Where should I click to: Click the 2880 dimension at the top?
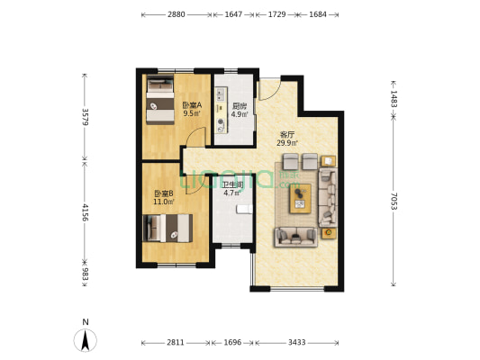176,14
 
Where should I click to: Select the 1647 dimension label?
233,14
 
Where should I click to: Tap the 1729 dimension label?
276,14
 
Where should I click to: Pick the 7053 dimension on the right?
394,201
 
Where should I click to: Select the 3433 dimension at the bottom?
296,342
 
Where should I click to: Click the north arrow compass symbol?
85,340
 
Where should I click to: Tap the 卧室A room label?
192,105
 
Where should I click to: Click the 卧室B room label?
164,193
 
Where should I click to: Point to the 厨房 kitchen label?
239,106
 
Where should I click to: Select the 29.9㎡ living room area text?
287,143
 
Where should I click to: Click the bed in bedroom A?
160,99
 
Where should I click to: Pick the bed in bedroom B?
168,229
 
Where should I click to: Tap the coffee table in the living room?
300,198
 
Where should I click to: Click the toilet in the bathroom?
245,209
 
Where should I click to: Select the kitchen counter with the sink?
221,111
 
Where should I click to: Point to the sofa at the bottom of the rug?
296,237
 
